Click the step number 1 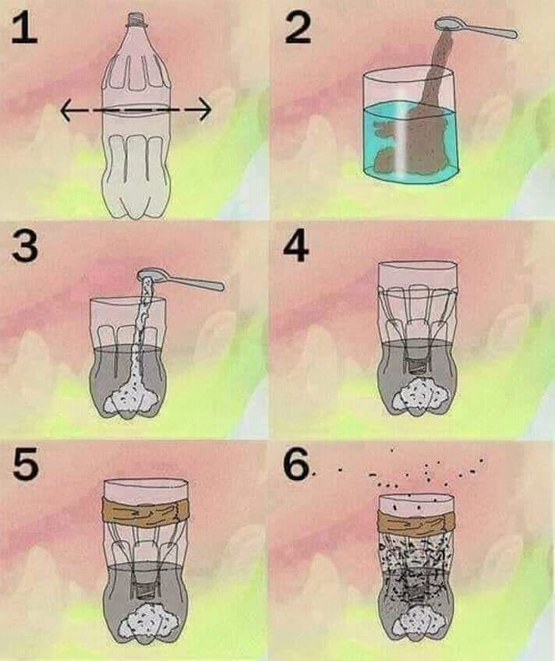(x=24, y=28)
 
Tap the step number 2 (x=298, y=28)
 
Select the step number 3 (x=25, y=246)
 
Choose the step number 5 (x=26, y=464)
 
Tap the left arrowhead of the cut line (x=65, y=110)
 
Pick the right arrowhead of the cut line (x=205, y=110)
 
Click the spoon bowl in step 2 (x=448, y=24)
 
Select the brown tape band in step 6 (x=417, y=522)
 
